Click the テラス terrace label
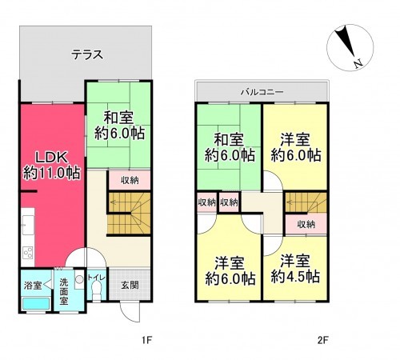click(87, 55)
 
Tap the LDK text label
click(52, 158)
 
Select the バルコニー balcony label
click(262, 92)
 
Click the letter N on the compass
click(358, 64)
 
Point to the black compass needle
click(346, 42)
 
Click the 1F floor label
click(146, 340)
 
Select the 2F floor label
click(322, 340)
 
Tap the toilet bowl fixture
click(96, 290)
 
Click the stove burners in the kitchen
click(28, 252)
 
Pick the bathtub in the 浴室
click(36, 303)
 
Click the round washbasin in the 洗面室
click(79, 279)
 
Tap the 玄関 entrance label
click(130, 285)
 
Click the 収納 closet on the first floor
click(130, 180)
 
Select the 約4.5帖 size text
click(295, 277)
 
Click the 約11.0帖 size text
click(52, 173)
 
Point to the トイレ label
click(96, 278)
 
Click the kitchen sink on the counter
click(28, 225)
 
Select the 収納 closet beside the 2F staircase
click(306, 224)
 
